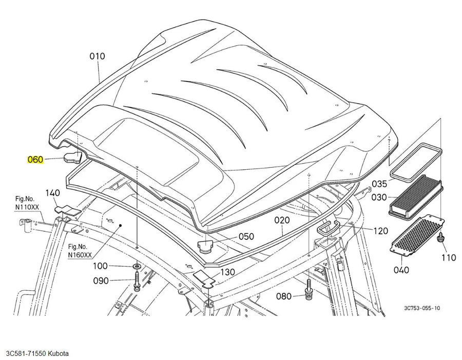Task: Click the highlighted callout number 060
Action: pyautogui.click(x=35, y=159)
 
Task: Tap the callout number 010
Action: pyautogui.click(x=97, y=56)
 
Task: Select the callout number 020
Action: pyautogui.click(x=282, y=220)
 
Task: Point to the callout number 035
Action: pyautogui.click(x=379, y=184)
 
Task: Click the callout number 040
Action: pyautogui.click(x=401, y=270)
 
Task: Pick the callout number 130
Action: pyautogui.click(x=227, y=272)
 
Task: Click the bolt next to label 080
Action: pyautogui.click(x=308, y=291)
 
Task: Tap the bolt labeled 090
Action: pyautogui.click(x=137, y=282)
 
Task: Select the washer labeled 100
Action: pyautogui.click(x=137, y=266)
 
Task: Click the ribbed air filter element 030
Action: pyautogui.click(x=416, y=196)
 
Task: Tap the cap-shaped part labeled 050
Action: pyautogui.click(x=205, y=246)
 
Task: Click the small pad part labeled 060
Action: pyautogui.click(x=72, y=158)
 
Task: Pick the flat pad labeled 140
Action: pyautogui.click(x=67, y=210)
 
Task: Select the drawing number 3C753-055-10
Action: pyautogui.click(x=422, y=308)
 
